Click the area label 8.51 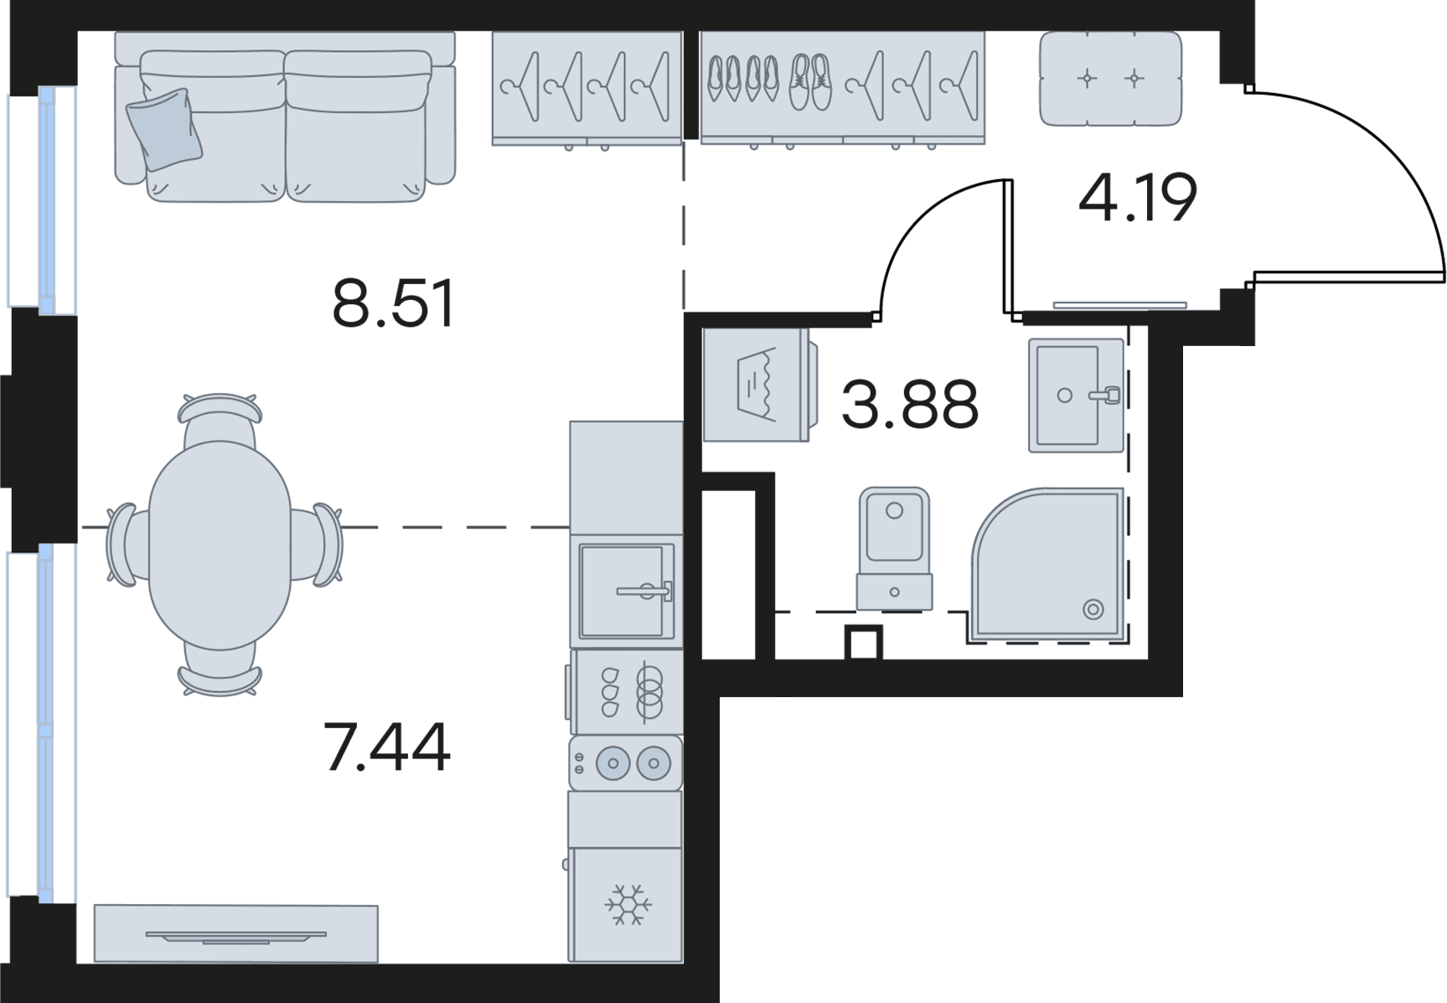(x=393, y=303)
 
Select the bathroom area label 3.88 (x=910, y=404)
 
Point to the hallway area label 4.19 (x=1137, y=198)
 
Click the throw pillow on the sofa (x=165, y=129)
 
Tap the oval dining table (x=220, y=545)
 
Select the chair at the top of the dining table (x=220, y=419)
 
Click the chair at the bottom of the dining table (x=220, y=670)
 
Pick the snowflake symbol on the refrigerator (x=628, y=905)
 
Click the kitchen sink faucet (x=644, y=591)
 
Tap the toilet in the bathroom (x=894, y=549)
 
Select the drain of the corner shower (x=1093, y=609)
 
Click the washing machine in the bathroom (x=757, y=385)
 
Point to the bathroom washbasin (x=1076, y=395)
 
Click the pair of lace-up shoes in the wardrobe (x=810, y=82)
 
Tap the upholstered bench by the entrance (x=1110, y=79)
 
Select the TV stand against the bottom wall (x=235, y=933)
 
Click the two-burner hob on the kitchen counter (x=626, y=763)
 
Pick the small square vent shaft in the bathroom (x=863, y=644)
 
